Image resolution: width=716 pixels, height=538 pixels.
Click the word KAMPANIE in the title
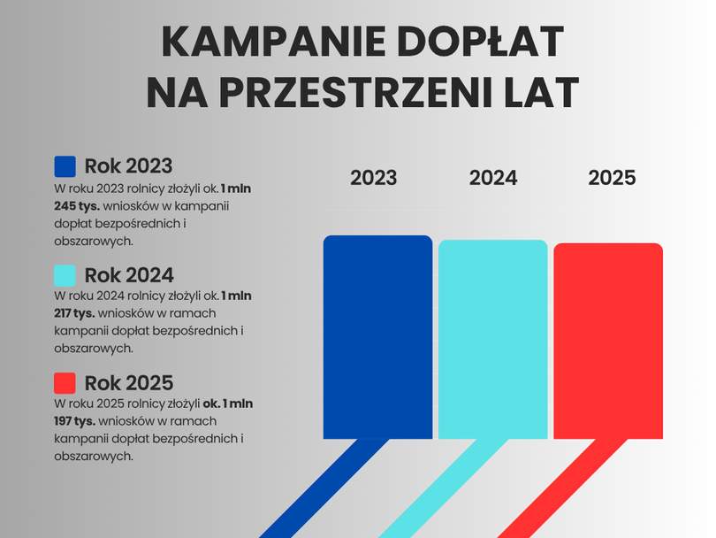[x=274, y=42]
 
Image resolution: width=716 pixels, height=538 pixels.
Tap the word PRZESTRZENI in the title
[x=356, y=92]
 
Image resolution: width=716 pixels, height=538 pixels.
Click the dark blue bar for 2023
[x=377, y=337]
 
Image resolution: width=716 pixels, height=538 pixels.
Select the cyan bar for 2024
[x=492, y=340]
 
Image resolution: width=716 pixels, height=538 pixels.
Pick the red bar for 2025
[x=608, y=341]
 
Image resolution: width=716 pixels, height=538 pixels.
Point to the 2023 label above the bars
[x=374, y=178]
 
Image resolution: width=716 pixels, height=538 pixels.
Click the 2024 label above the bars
[x=493, y=178]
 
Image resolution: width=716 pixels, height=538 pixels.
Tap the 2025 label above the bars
[x=612, y=178]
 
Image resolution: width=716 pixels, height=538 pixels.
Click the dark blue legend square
[x=65, y=166]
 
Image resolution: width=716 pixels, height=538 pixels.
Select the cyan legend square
[x=65, y=275]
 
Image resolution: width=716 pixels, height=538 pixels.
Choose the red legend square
[x=65, y=383]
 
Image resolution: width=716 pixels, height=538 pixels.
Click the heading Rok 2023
[x=129, y=166]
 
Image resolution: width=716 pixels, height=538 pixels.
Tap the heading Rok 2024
[x=129, y=275]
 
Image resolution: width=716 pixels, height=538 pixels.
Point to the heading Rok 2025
[x=129, y=383]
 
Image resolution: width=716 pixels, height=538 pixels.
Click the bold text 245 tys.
[x=77, y=206]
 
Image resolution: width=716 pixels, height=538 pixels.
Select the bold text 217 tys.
[x=74, y=313]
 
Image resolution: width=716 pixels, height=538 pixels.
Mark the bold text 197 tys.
[x=74, y=421]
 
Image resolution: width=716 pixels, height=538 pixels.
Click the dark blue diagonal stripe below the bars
[x=324, y=488]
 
